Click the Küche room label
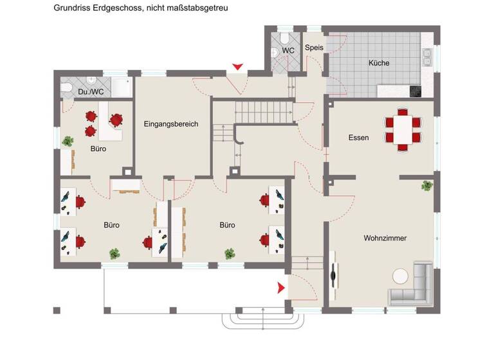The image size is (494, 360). [x=378, y=63]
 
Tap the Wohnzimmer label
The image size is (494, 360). [x=385, y=238]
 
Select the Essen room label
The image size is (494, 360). [x=358, y=138]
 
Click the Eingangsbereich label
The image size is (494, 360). [x=170, y=124]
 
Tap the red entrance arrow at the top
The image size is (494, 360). [x=237, y=66]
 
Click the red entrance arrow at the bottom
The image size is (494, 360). [x=281, y=289]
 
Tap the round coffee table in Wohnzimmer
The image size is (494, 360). [x=401, y=276]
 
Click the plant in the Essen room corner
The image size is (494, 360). [x=426, y=186]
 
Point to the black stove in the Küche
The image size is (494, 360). [x=414, y=91]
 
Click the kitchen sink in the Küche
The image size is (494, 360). [x=426, y=57]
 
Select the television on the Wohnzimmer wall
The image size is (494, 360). [x=334, y=276]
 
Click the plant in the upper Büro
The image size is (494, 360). [x=67, y=141]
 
